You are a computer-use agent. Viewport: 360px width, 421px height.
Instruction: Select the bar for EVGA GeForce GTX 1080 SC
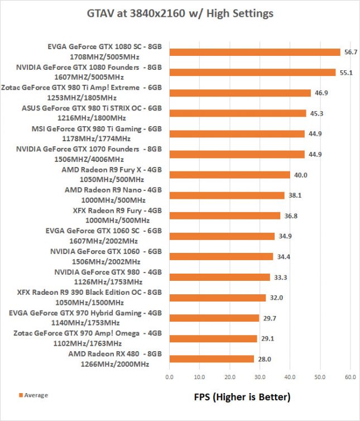pos(255,52)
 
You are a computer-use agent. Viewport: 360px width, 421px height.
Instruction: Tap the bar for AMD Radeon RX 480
pos(212,359)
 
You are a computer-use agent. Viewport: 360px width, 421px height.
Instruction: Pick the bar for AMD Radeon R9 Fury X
pos(229,175)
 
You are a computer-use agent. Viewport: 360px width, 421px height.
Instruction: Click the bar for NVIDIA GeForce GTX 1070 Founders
pos(237,154)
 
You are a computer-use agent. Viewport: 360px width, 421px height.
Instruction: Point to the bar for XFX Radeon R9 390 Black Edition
pos(218,298)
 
